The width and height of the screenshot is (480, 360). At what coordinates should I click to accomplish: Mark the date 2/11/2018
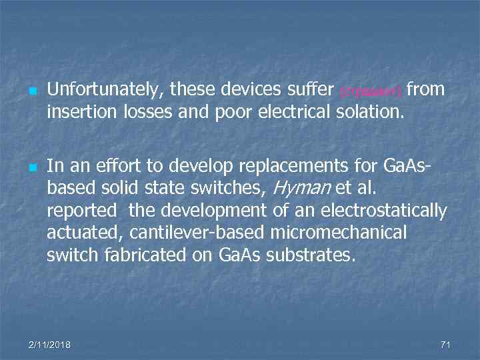point(51,345)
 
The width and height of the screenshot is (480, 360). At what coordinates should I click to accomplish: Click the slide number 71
point(446,345)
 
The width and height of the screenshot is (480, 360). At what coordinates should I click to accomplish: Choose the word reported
point(81,212)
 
